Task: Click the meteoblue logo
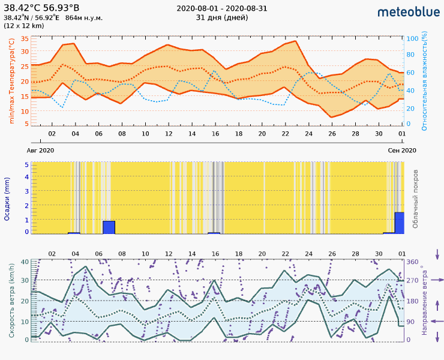click(407, 11)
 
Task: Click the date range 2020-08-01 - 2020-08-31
click(221, 8)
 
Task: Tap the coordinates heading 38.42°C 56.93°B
click(41, 8)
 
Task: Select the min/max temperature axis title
click(11, 82)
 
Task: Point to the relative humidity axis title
click(424, 82)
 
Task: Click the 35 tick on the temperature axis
click(25, 38)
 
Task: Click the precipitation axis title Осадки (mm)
click(8, 199)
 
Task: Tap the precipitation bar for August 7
click(109, 227)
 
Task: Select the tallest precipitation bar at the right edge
click(399, 223)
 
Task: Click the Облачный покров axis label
click(415, 198)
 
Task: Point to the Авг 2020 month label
click(41, 150)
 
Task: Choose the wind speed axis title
click(12, 300)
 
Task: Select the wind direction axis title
click(425, 300)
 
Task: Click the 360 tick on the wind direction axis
click(413, 262)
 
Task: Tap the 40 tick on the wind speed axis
click(25, 262)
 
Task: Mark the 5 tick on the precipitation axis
click(26, 164)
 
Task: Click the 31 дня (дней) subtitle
click(221, 17)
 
